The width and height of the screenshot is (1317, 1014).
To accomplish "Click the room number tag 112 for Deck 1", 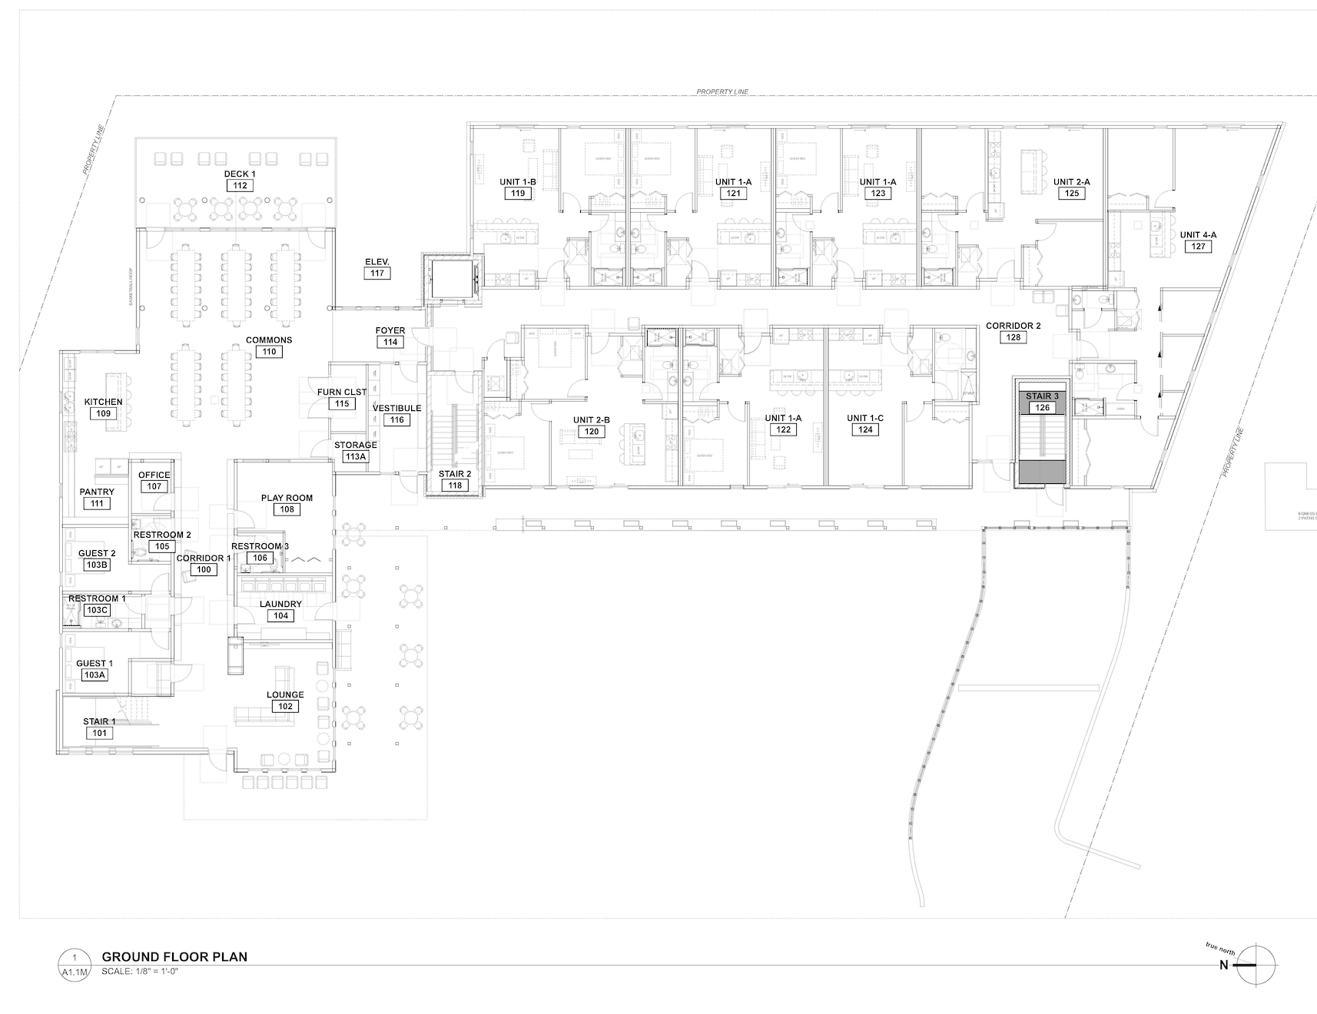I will (x=240, y=186).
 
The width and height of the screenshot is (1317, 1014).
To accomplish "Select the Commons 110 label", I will (x=269, y=346).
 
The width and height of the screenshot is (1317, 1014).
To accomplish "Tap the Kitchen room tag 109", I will (x=104, y=413).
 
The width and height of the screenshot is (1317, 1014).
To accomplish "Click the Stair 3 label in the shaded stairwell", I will (x=1042, y=396).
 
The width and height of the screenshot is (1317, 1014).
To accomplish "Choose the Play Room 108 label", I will (x=287, y=503).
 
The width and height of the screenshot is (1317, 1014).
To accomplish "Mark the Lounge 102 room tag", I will (x=285, y=701).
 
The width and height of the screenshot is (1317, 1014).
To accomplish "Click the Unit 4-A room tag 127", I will (x=1199, y=247).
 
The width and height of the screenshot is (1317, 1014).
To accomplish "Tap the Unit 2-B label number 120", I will (x=592, y=432).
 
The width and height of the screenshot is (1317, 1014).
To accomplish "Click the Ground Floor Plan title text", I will (x=174, y=957).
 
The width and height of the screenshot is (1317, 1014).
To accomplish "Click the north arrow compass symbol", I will (x=1256, y=966).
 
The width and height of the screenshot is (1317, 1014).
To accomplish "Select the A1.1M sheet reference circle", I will (x=75, y=966).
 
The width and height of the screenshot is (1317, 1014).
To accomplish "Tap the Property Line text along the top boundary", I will (x=722, y=91).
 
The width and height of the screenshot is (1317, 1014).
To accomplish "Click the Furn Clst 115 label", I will (x=342, y=398).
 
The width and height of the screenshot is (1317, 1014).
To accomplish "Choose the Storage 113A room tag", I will (x=356, y=451).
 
